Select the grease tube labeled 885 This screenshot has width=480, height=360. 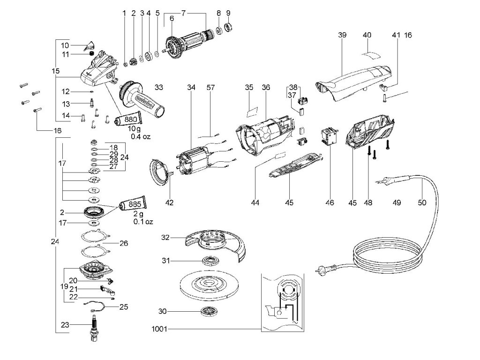134,203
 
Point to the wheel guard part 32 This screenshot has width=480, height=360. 216,244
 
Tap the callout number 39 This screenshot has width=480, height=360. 342,35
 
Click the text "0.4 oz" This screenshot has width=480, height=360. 141,136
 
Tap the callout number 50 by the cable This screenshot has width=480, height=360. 422,202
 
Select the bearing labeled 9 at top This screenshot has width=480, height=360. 229,27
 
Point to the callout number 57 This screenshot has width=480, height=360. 210,88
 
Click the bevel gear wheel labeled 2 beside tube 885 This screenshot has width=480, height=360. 93,212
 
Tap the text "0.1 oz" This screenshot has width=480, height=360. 143,221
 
